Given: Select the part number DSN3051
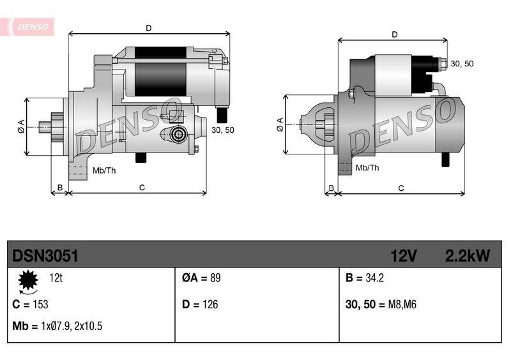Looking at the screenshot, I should [x=45, y=256].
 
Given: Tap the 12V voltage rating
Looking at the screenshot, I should [x=404, y=256].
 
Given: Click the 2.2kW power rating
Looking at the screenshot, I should [x=467, y=256].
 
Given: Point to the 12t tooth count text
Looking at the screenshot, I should [x=56, y=278].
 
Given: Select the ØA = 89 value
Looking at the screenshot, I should [x=201, y=278].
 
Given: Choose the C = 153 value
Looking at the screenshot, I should [x=30, y=304].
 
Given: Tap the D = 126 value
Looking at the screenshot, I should [x=200, y=304].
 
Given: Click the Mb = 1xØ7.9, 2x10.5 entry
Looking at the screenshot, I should [x=57, y=326].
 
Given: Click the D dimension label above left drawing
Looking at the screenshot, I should [x=148, y=27].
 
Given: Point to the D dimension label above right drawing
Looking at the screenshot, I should [x=394, y=34].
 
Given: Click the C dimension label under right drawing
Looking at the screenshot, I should [x=400, y=188].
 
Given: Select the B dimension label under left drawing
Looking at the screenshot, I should [x=59, y=188].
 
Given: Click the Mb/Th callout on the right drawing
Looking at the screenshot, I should [x=367, y=168].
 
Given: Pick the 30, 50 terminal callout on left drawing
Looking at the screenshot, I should [x=222, y=130].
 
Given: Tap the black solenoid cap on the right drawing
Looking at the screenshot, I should [x=422, y=65].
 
